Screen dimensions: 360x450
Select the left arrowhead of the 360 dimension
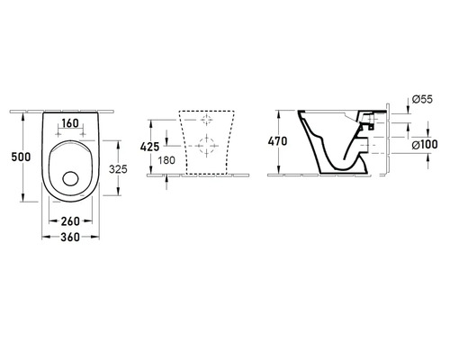tap(42, 238)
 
